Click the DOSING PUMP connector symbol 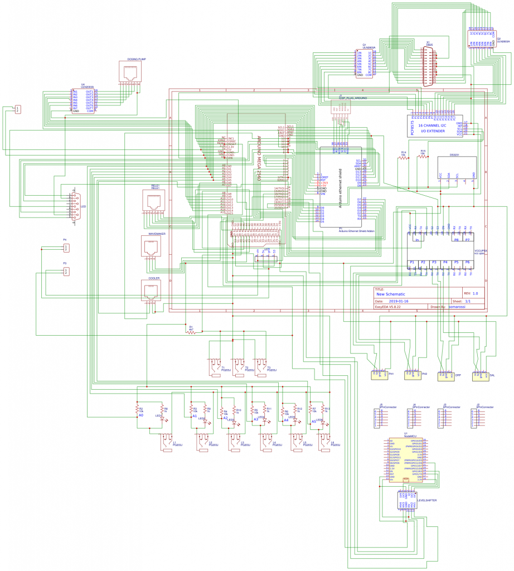pos(132,72)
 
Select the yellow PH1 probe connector pos(379,375)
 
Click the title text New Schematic pos(391,294)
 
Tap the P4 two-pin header pos(66,248)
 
